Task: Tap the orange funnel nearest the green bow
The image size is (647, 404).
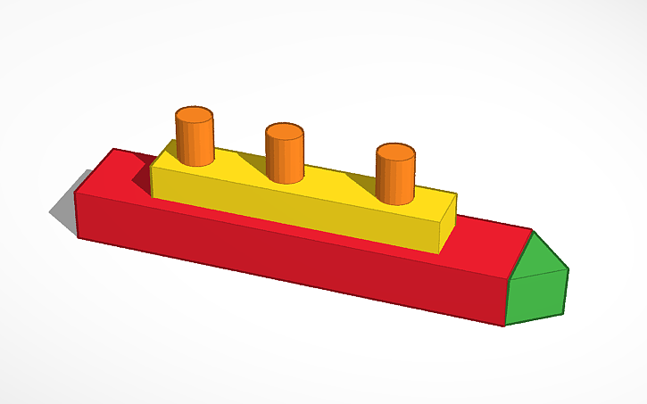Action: tap(395, 177)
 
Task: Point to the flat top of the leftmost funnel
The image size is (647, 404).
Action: tap(195, 116)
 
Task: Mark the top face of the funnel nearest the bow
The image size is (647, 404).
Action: tap(395, 152)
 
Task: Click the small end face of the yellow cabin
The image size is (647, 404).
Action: tap(449, 224)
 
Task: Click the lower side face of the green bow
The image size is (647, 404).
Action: tap(537, 298)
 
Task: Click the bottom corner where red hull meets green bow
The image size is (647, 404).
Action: tap(504, 325)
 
